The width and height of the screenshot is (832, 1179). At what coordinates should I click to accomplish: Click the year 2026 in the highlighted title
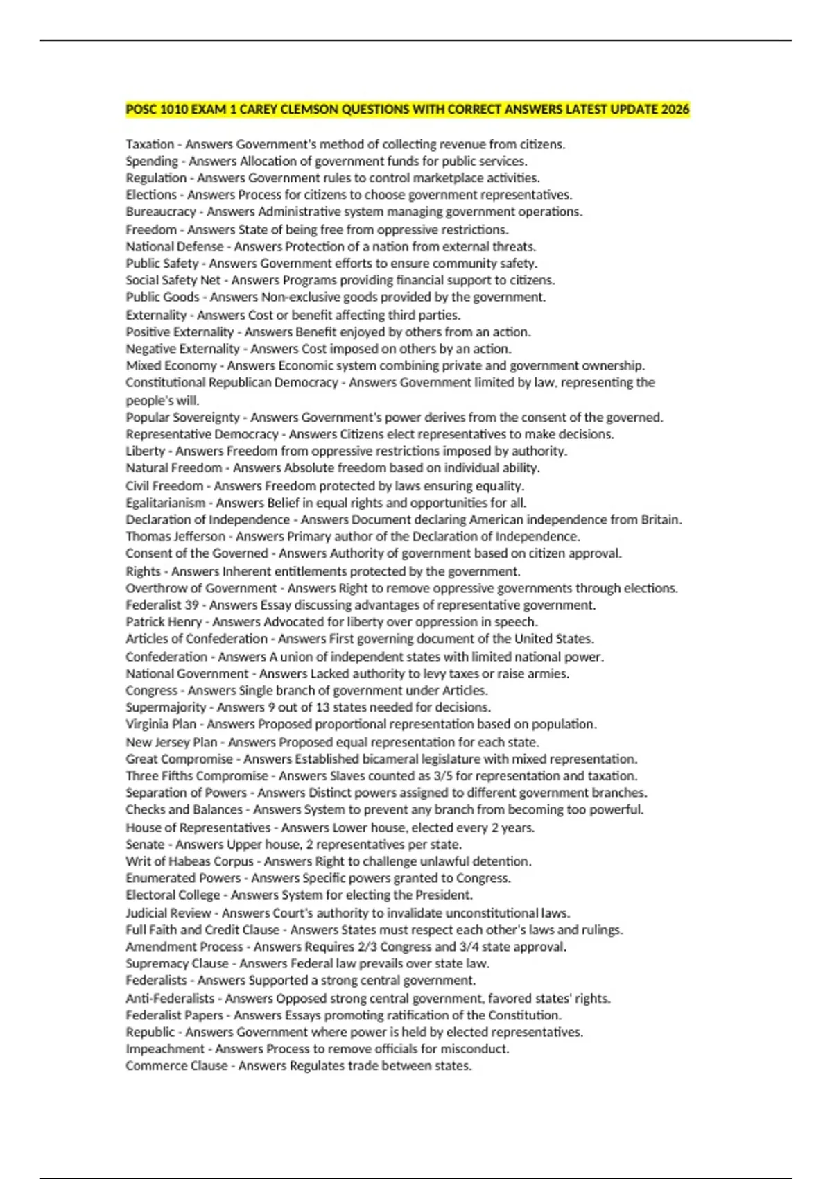tap(675, 110)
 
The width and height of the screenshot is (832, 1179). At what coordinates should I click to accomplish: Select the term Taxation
tap(150, 144)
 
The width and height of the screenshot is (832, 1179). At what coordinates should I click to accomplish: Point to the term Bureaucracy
tap(161, 212)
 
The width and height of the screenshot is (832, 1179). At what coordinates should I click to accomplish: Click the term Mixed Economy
tap(171, 365)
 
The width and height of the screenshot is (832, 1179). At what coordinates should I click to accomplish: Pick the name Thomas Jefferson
tap(175, 536)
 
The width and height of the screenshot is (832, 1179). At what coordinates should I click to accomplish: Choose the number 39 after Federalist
tap(191, 605)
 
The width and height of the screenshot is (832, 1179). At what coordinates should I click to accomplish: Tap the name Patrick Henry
tap(164, 622)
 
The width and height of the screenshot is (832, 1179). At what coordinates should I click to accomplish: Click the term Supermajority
tap(166, 707)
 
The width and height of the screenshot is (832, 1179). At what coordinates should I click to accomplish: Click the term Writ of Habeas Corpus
tap(189, 861)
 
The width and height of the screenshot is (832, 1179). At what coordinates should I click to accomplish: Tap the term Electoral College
tap(173, 895)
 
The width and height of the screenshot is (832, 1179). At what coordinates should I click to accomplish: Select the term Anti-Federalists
tap(170, 999)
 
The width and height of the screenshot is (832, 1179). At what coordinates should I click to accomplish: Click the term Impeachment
tap(165, 1049)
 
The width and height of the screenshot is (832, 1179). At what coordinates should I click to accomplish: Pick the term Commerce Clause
tap(176, 1066)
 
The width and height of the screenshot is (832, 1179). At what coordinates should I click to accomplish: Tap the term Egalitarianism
tap(166, 503)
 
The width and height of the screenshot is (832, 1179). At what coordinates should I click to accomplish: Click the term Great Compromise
tap(179, 759)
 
